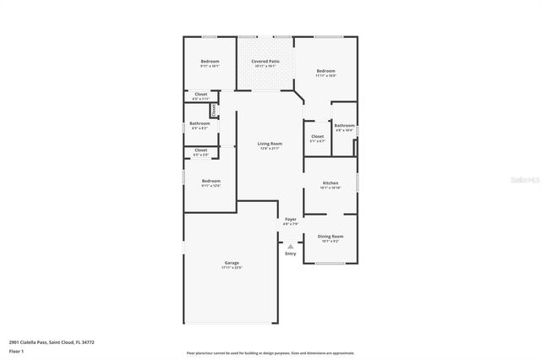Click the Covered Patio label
(x=265, y=62)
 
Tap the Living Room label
(x=270, y=144)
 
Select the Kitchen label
(x=331, y=183)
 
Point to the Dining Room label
(x=331, y=237)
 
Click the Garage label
(x=232, y=263)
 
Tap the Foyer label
(x=290, y=219)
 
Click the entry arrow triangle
(x=290, y=247)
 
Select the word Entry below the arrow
(x=290, y=254)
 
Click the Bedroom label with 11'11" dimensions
(x=325, y=71)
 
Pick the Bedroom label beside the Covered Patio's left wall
(x=210, y=62)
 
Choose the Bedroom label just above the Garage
(x=210, y=181)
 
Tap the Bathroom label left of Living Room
(x=199, y=124)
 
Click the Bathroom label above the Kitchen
(x=344, y=126)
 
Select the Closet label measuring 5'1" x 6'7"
(x=317, y=136)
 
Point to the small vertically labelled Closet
(x=215, y=110)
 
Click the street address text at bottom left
(x=52, y=342)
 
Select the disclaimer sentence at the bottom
(x=270, y=353)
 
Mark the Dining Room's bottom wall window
(x=330, y=264)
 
